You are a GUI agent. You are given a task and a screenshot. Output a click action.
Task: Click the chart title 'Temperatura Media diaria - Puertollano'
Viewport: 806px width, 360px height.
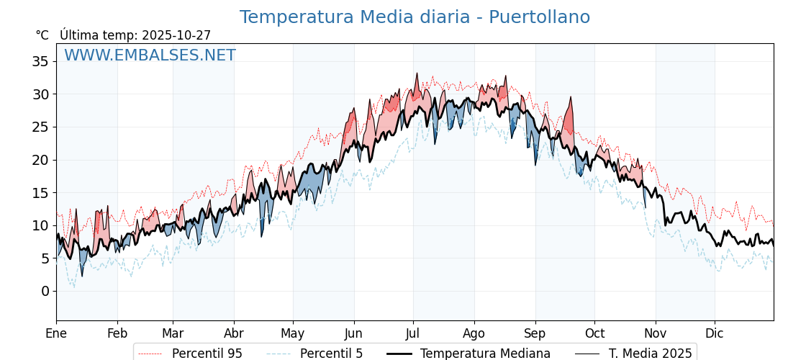click(415, 17)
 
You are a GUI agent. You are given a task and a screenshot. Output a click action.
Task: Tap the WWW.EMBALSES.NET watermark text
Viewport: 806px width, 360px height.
click(150, 55)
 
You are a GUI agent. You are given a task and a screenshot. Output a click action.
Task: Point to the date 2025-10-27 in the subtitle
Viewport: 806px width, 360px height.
click(176, 35)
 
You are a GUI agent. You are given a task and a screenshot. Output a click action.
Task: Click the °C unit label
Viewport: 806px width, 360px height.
click(42, 35)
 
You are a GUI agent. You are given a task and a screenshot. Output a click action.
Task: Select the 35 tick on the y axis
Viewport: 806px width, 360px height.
click(40, 61)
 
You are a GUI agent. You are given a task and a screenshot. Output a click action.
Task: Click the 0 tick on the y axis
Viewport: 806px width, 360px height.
click(45, 291)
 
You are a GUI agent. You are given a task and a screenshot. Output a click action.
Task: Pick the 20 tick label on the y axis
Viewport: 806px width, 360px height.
click(40, 160)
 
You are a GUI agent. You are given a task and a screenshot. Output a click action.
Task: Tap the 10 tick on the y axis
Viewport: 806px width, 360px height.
click(40, 225)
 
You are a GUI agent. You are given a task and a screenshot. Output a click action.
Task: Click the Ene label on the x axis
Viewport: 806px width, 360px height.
click(56, 333)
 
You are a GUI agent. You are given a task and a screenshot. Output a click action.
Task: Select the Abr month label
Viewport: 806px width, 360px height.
click(234, 333)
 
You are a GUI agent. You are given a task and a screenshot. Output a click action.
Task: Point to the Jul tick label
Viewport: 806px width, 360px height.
click(413, 333)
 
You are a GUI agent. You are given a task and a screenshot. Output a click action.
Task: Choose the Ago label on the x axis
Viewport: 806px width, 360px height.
click(474, 333)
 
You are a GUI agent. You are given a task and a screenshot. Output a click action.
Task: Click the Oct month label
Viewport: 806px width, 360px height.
click(594, 333)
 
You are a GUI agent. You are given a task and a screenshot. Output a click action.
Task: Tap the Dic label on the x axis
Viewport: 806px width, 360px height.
click(715, 333)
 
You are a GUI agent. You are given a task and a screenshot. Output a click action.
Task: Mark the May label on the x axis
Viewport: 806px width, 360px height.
click(293, 333)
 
